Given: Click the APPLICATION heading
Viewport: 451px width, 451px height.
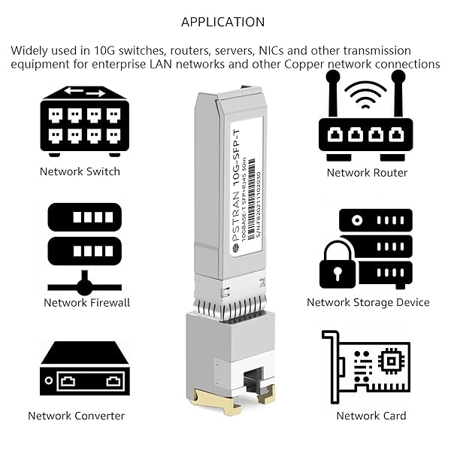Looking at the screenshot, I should coord(222,22).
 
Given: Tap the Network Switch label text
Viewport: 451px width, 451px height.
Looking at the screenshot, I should coord(80,171).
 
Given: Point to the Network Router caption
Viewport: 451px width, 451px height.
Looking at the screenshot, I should coord(367,173).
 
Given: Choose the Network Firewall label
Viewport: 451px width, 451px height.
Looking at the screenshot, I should coord(86,302).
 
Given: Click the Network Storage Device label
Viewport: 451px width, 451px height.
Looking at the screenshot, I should coord(368,302).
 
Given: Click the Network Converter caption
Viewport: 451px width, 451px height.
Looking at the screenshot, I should coord(76,416).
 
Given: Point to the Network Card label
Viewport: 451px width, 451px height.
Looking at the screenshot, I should coord(371,416).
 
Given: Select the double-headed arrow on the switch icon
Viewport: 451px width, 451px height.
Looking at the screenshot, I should coord(83,93).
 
